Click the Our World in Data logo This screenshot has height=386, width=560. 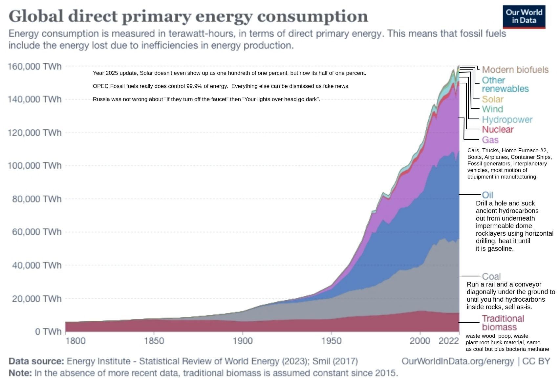coord(524,17)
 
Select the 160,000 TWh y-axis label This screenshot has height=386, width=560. coord(34,67)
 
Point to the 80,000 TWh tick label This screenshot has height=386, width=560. coord(37,199)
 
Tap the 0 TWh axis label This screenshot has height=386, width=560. coord(48,332)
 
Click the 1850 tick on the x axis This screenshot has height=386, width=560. coord(154,341)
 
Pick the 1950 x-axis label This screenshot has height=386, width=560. coord(331,341)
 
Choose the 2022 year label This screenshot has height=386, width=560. coord(448,341)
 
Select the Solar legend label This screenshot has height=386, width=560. coord(492,99)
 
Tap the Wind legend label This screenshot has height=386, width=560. coord(492,109)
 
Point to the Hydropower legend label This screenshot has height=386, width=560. coord(507,120)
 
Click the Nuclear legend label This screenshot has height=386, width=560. coord(498,130)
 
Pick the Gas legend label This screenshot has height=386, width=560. coord(490,140)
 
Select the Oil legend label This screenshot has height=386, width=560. coord(487,195)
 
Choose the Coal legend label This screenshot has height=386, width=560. coord(491,276)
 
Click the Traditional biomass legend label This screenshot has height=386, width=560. coord(503,323)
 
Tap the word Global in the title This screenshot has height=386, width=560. coord(36,16)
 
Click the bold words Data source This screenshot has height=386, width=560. coord(36,361)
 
